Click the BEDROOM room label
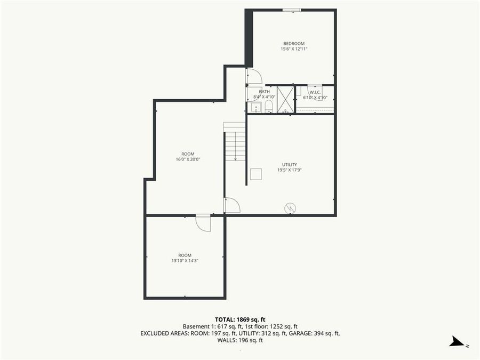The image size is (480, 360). (294, 43)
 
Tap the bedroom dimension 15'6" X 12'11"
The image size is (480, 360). (294, 49)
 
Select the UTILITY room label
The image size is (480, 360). (290, 164)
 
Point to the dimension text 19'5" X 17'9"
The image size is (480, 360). (290, 170)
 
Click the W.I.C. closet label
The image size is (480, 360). (315, 92)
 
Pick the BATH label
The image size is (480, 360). (265, 92)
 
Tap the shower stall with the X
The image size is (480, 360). (286, 99)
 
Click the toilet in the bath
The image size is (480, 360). (268, 108)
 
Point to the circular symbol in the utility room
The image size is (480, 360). (290, 208)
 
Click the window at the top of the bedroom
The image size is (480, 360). (291, 10)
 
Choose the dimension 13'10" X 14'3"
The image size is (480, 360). (185, 261)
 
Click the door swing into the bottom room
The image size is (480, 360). (203, 223)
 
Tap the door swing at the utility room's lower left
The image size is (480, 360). (232, 205)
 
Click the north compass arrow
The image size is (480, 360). (457, 342)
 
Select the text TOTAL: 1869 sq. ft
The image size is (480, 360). (240, 318)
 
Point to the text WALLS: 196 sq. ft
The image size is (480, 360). (240, 340)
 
